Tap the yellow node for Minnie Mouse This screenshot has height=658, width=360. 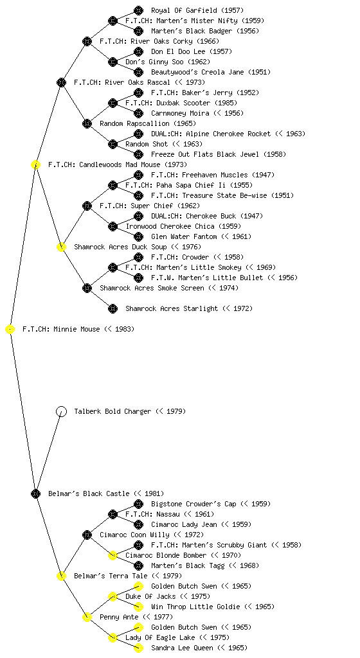pos(10,330)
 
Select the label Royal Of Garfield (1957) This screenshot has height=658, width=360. pos(197,10)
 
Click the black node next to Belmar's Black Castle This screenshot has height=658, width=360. pos(35,494)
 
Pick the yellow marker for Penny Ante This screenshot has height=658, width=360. pos(87,618)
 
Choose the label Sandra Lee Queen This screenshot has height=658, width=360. pos(182,648)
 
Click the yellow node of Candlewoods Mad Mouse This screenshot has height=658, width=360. pos(35,165)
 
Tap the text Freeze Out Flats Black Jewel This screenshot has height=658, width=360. pos(205,154)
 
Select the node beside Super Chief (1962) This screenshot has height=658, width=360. pos(87,206)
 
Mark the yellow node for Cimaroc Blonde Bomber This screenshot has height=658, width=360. pos(113,556)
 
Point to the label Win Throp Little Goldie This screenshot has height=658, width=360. pos(195,607)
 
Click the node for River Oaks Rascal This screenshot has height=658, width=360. pos(61,83)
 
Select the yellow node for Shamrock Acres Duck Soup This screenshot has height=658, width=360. pos(61,247)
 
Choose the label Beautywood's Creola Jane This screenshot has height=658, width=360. pos(197,72)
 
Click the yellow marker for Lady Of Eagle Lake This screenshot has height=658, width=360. pos(113,638)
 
